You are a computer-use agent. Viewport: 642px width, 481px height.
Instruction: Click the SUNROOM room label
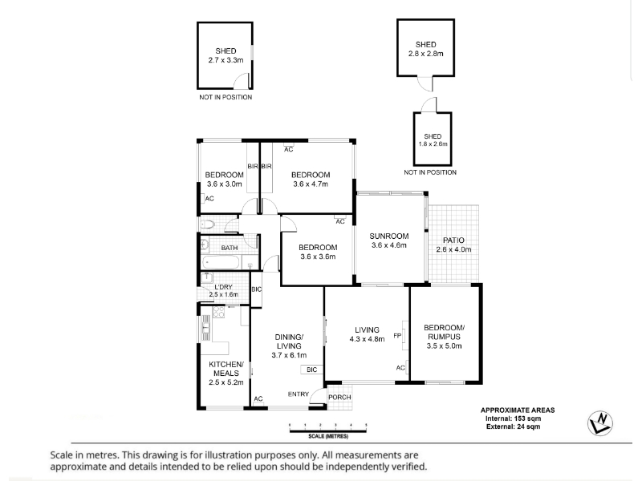(389, 236)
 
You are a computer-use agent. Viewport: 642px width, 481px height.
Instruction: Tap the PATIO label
(453, 240)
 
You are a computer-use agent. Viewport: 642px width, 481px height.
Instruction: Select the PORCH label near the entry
(339, 397)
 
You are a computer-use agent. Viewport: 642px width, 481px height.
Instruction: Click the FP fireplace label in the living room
(396, 335)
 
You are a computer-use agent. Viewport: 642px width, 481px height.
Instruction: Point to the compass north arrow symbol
(599, 422)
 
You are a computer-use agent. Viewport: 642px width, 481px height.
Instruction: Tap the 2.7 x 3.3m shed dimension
(226, 59)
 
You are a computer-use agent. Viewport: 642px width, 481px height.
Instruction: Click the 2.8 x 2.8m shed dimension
(425, 54)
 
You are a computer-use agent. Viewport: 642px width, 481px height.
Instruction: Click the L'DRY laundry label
(223, 286)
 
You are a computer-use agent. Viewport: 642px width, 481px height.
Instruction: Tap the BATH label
(230, 248)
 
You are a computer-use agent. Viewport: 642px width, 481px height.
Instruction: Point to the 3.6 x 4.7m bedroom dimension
(310, 184)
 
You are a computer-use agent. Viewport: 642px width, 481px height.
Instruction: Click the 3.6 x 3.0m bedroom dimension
(224, 184)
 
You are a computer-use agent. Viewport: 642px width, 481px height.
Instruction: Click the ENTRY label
(298, 394)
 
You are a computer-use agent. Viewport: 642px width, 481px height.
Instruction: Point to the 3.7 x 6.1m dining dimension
(289, 354)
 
